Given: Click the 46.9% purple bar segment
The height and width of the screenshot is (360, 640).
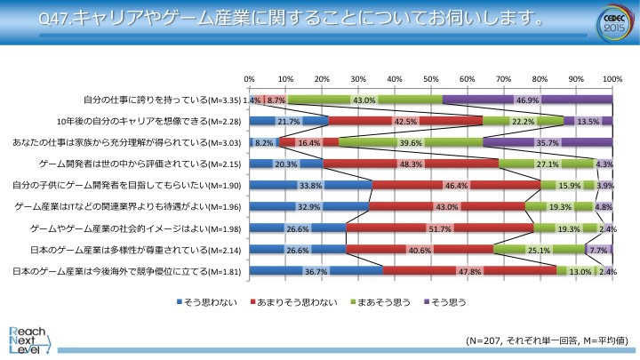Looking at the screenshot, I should (527, 100).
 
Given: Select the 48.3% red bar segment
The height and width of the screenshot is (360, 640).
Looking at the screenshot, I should (411, 164).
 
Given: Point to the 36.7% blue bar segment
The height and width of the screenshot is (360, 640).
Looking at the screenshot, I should (316, 270).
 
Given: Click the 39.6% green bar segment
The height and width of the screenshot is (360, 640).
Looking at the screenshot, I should (412, 142).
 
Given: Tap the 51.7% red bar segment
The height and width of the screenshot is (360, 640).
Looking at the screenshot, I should (439, 228).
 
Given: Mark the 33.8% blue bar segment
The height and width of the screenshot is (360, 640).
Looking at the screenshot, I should (310, 185).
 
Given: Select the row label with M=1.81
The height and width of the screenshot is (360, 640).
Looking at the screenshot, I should (127, 270).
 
